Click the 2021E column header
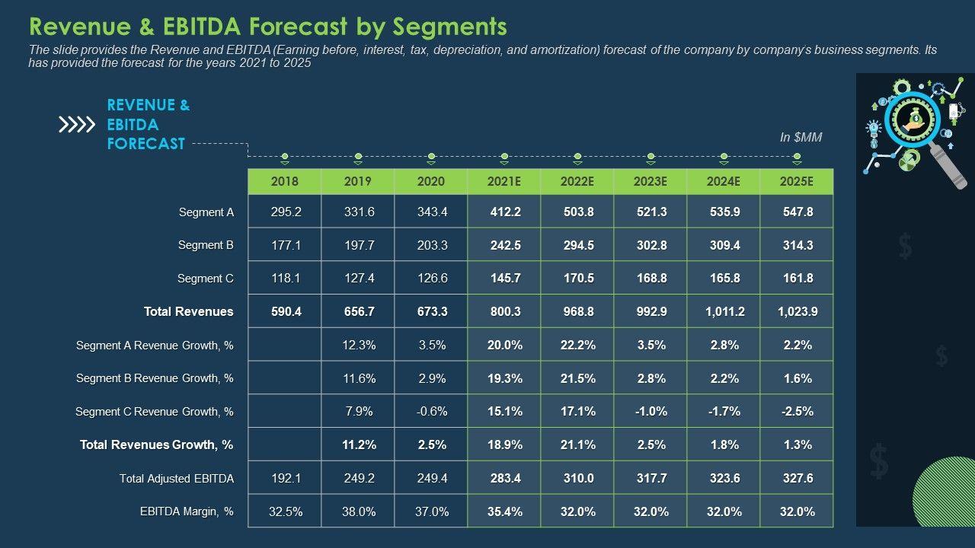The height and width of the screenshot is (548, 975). tap(504, 182)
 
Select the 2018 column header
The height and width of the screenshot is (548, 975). tap(285, 182)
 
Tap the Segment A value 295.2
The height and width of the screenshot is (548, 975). tap(286, 212)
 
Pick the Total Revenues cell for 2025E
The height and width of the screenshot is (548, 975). tap(798, 311)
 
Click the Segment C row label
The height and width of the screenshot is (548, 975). tap(206, 279)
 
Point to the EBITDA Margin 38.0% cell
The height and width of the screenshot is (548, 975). tap(359, 511)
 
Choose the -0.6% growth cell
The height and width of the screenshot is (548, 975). tap(432, 411)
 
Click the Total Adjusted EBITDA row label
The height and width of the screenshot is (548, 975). tap(177, 479)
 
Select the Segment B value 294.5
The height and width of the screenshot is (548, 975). tap(578, 245)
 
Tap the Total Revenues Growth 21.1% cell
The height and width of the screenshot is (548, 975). tap(578, 444)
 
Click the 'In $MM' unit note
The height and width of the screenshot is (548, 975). tap(801, 138)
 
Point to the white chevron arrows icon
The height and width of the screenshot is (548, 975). tap(77, 125)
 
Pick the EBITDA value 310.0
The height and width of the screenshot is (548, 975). tap(578, 478)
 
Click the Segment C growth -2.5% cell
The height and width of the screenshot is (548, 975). tap(798, 411)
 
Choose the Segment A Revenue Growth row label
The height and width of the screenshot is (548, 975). tap(155, 346)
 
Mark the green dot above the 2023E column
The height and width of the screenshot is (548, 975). tap(651, 157)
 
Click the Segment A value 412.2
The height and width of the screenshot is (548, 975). tap(505, 212)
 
